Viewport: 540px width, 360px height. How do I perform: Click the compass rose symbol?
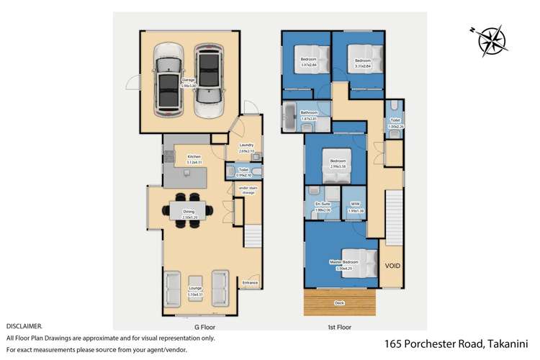click(492, 40)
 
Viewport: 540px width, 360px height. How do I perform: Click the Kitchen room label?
click(194, 157)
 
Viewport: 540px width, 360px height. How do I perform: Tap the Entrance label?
click(251, 283)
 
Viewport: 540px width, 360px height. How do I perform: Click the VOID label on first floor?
click(392, 266)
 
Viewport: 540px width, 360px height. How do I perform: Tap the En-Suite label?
click(322, 205)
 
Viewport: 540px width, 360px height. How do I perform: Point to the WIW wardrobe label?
click(355, 205)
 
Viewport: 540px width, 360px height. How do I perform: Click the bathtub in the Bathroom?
click(290, 117)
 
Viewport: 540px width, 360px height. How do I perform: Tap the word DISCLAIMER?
click(24, 326)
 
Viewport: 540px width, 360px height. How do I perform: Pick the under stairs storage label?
click(248, 190)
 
